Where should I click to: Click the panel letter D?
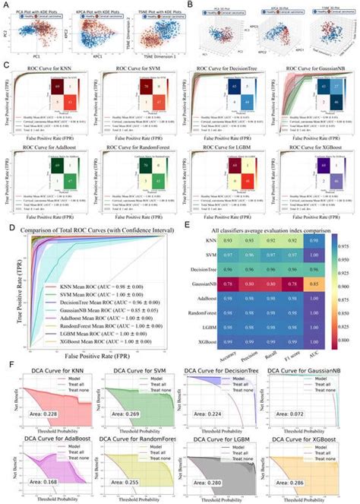click(x=6, y=203)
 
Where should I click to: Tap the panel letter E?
click(x=188, y=203)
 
